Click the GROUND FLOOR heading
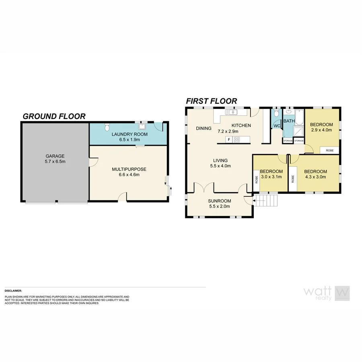pos(54,116)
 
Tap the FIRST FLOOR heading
pos(211,101)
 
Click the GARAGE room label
pos(55,156)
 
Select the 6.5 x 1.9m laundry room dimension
pos(130,140)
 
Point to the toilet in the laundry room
pos(106,128)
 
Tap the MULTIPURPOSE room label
pos(129,169)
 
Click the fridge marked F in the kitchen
pos(229,140)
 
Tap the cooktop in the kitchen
pos(237,140)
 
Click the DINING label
pos(204,129)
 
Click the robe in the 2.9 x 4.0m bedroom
pos(329,150)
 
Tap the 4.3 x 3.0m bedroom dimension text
pos(316,177)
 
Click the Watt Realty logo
pos(326,293)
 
